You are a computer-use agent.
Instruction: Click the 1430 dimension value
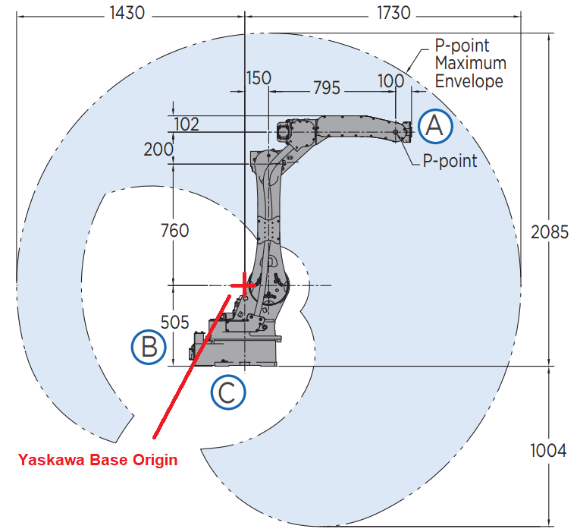click(127, 14)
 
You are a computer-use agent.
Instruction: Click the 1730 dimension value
click(393, 14)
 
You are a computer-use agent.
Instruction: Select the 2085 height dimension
click(550, 232)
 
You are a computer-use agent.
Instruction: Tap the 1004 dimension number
click(548, 451)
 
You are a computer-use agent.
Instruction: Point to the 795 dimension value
click(327, 88)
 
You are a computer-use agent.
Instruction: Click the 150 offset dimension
click(259, 78)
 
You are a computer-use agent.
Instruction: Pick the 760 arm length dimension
click(174, 231)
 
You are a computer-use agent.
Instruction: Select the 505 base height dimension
click(174, 323)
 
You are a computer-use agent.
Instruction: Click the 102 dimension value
click(187, 124)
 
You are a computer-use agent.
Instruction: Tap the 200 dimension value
click(158, 150)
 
